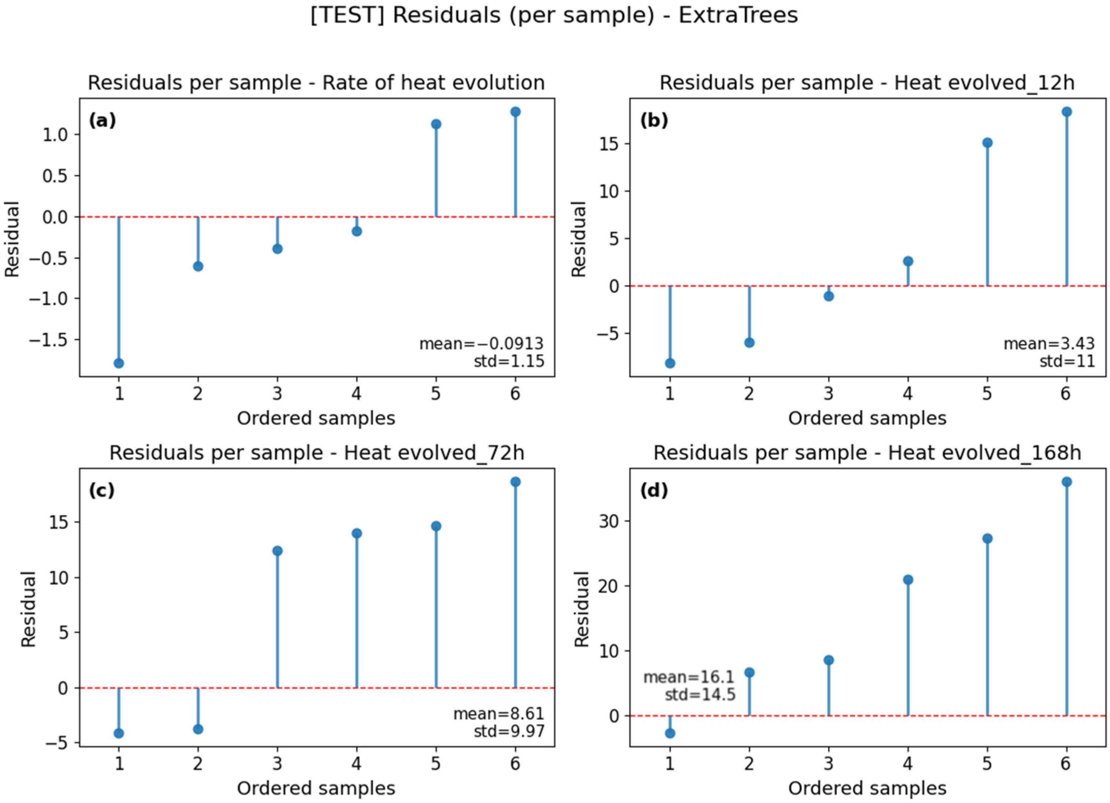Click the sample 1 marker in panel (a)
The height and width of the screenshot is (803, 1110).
[x=119, y=363]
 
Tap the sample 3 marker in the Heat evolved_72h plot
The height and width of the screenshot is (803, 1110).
[x=277, y=551]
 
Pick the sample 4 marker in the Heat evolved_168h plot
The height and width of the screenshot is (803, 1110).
[x=908, y=580]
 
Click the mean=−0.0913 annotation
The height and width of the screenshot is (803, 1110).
[x=482, y=344]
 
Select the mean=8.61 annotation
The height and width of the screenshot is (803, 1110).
[x=499, y=714]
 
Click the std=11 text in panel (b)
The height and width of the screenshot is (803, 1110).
[x=1067, y=362]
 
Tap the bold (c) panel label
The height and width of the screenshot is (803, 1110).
[x=101, y=490]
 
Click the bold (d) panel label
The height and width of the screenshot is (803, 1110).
[x=654, y=490]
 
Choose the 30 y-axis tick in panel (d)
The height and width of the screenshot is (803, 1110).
[x=609, y=521]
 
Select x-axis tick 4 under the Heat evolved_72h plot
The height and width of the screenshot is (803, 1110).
[x=357, y=763]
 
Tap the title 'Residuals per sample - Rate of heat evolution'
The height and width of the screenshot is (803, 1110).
[x=316, y=83]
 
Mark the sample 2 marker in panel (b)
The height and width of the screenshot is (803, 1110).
[x=749, y=342]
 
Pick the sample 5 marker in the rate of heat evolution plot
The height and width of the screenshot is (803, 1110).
[x=436, y=124]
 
